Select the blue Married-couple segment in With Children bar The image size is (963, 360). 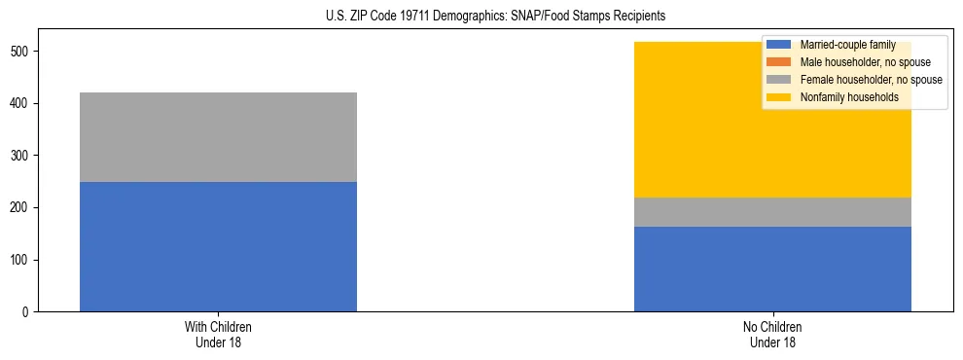pos(218,247)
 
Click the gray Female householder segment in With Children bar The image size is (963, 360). pos(218,137)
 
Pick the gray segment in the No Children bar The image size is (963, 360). pos(772,212)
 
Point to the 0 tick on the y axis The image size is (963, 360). pos(28,312)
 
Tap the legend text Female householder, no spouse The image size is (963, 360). pos(871,80)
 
